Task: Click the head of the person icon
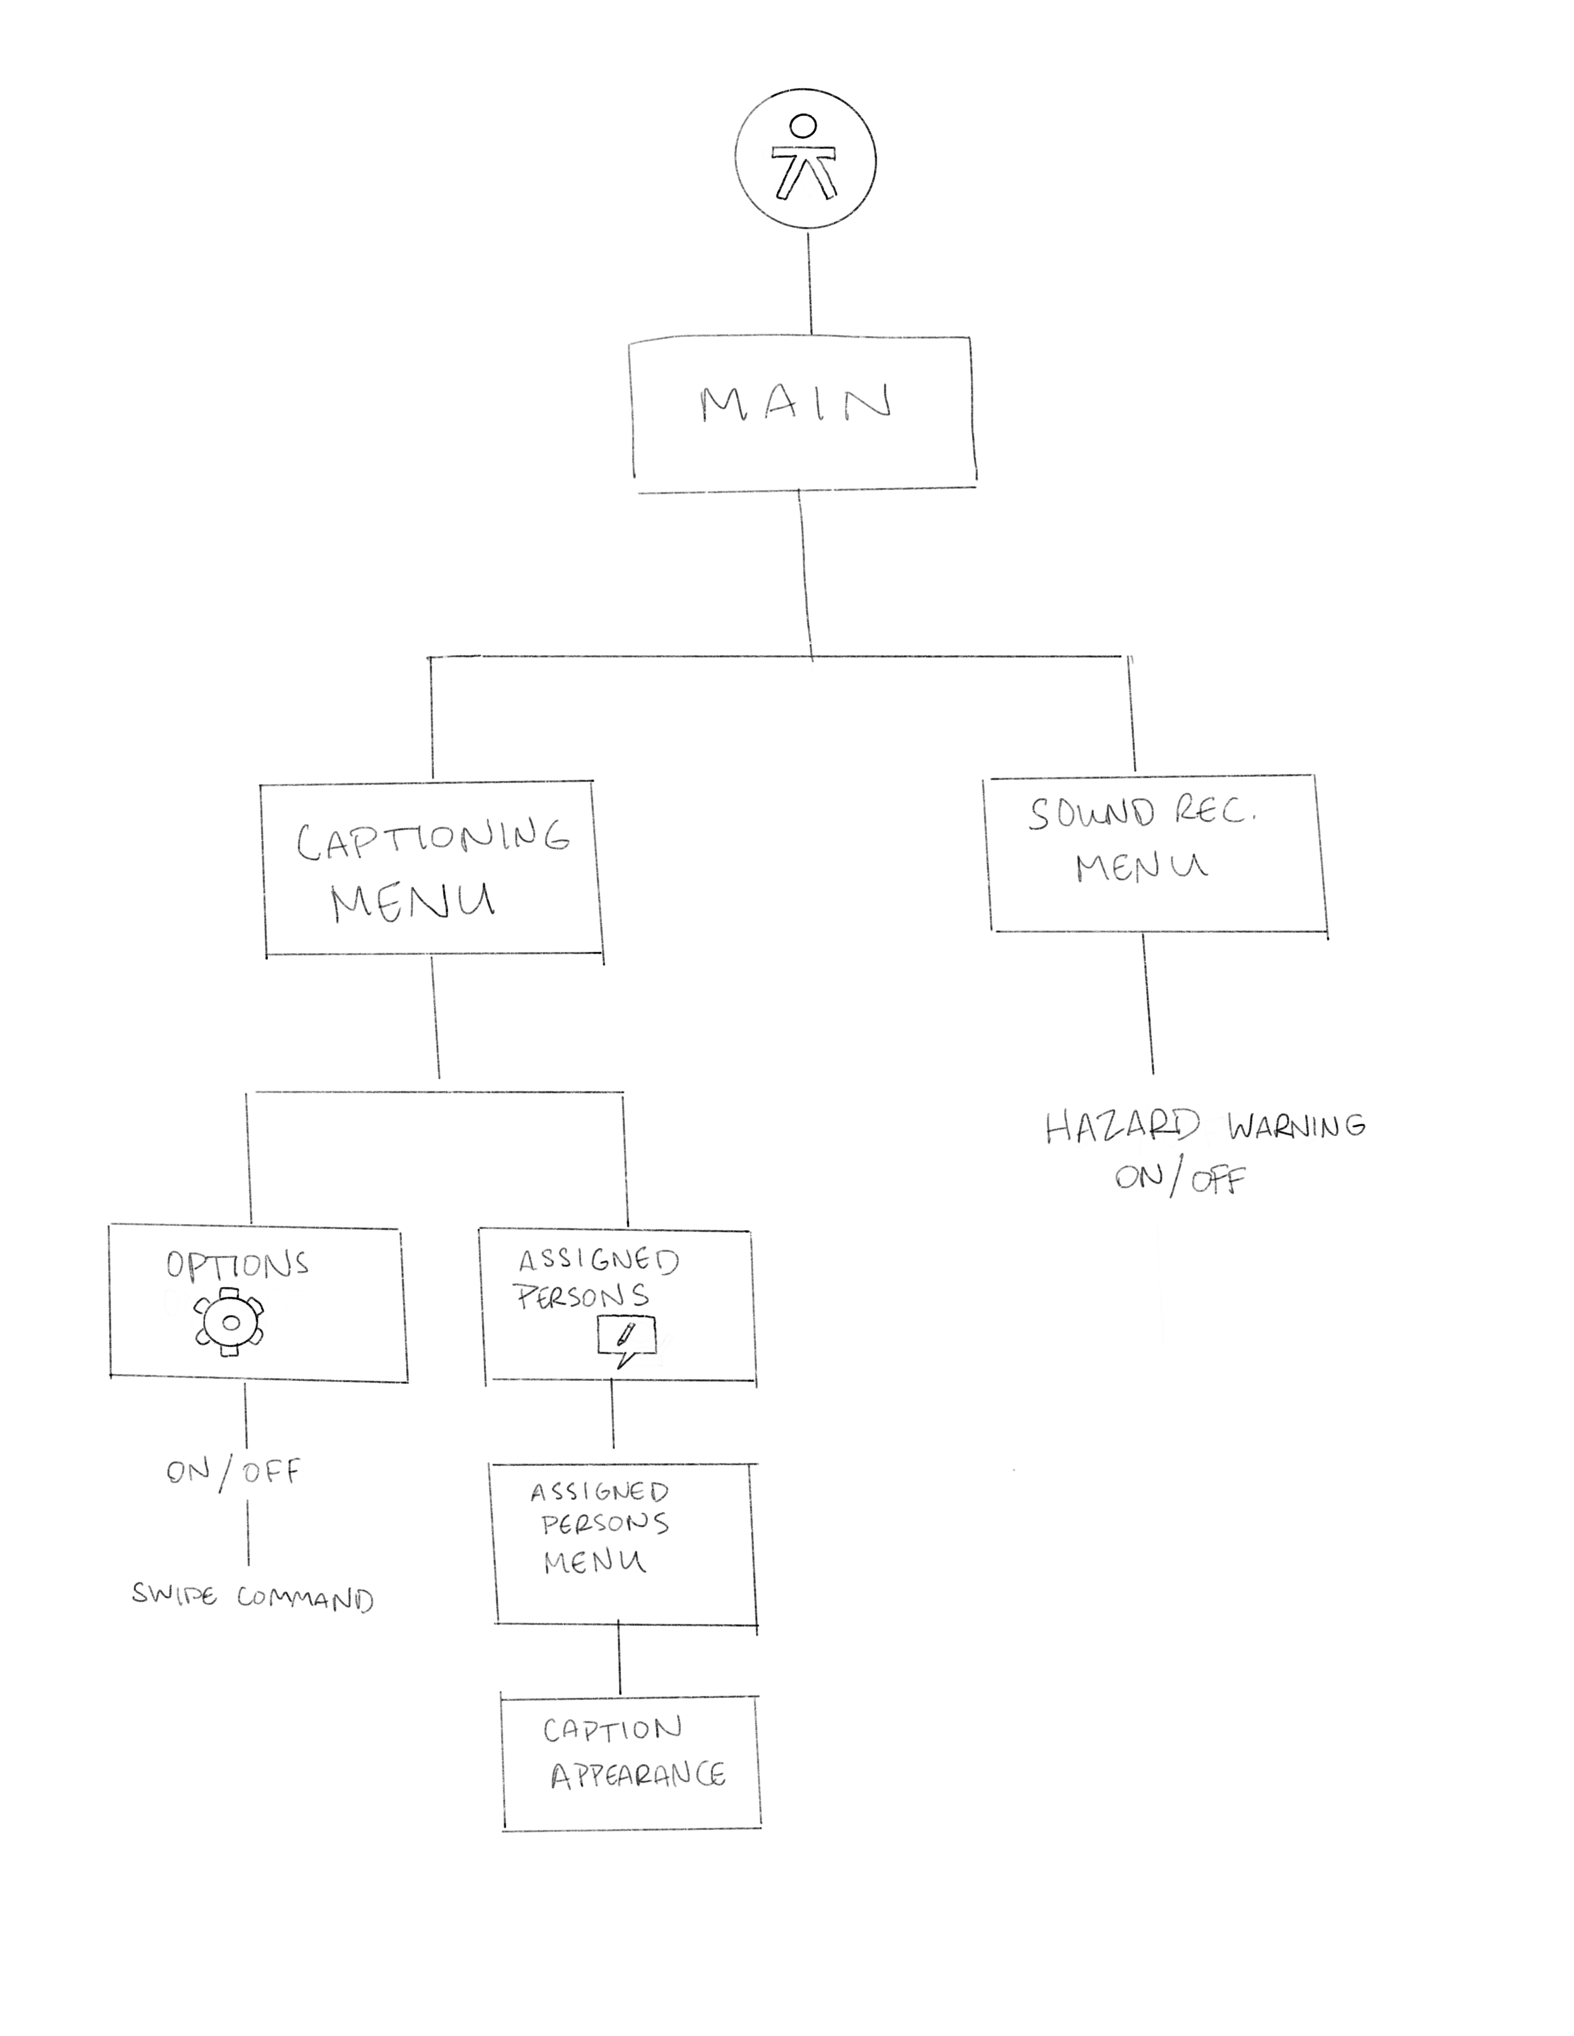coord(803,126)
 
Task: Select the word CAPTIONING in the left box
coord(433,839)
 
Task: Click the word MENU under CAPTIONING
coord(413,901)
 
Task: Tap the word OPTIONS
coord(237,1264)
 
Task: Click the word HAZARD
coord(1122,1127)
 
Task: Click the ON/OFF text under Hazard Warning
coord(1180,1178)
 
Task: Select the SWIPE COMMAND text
coord(252,1597)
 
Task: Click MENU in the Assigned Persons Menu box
coord(594,1562)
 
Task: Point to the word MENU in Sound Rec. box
coord(1141,868)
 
